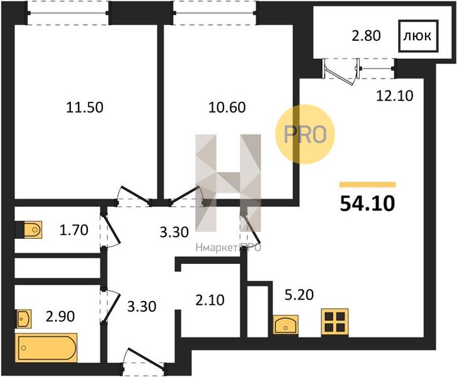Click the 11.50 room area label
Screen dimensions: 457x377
click(85, 107)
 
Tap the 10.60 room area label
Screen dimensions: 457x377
click(227, 107)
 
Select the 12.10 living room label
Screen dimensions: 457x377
click(395, 96)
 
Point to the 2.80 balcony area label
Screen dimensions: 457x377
click(367, 36)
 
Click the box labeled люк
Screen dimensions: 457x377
click(418, 36)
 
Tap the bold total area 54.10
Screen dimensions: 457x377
click(367, 204)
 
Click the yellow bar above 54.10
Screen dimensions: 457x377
click(367, 184)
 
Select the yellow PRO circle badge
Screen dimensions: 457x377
click(305, 134)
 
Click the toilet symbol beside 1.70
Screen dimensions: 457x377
click(33, 229)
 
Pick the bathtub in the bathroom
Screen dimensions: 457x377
click(46, 348)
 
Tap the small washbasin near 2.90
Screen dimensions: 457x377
click(23, 319)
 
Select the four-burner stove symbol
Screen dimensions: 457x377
click(335, 322)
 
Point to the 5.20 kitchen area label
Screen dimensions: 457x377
click(299, 295)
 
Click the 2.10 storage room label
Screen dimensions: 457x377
click(210, 300)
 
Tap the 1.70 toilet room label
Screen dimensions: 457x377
click(73, 230)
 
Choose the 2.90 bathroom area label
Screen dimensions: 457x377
click(60, 316)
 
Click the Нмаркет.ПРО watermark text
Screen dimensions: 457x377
click(228, 248)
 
